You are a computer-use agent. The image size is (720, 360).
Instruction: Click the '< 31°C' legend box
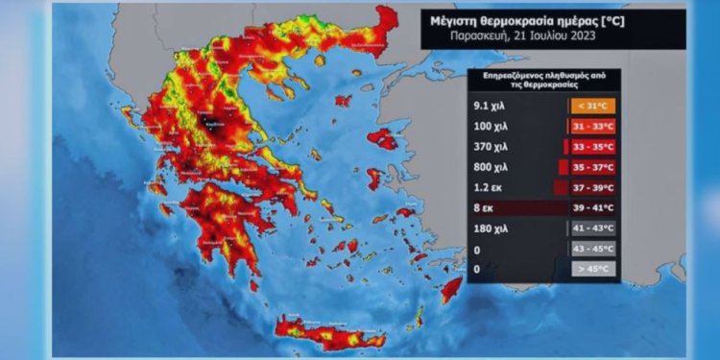point(593,106)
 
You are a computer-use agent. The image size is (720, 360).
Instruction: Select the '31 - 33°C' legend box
point(593,126)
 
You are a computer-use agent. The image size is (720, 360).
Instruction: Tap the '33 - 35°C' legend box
point(593,146)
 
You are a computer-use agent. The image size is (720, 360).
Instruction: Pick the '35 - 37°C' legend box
point(593,166)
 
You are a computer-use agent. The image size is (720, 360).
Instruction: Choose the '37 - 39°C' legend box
point(593,186)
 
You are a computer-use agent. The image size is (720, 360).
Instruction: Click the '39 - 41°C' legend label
point(593,207)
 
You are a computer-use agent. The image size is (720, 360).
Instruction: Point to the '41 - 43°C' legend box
point(593,228)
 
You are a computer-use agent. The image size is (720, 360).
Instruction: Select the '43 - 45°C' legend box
point(593,248)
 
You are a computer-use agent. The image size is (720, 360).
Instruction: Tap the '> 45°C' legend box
point(593,268)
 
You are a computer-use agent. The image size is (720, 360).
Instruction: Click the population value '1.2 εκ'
point(490,186)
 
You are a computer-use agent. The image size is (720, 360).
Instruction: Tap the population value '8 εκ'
point(485,207)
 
